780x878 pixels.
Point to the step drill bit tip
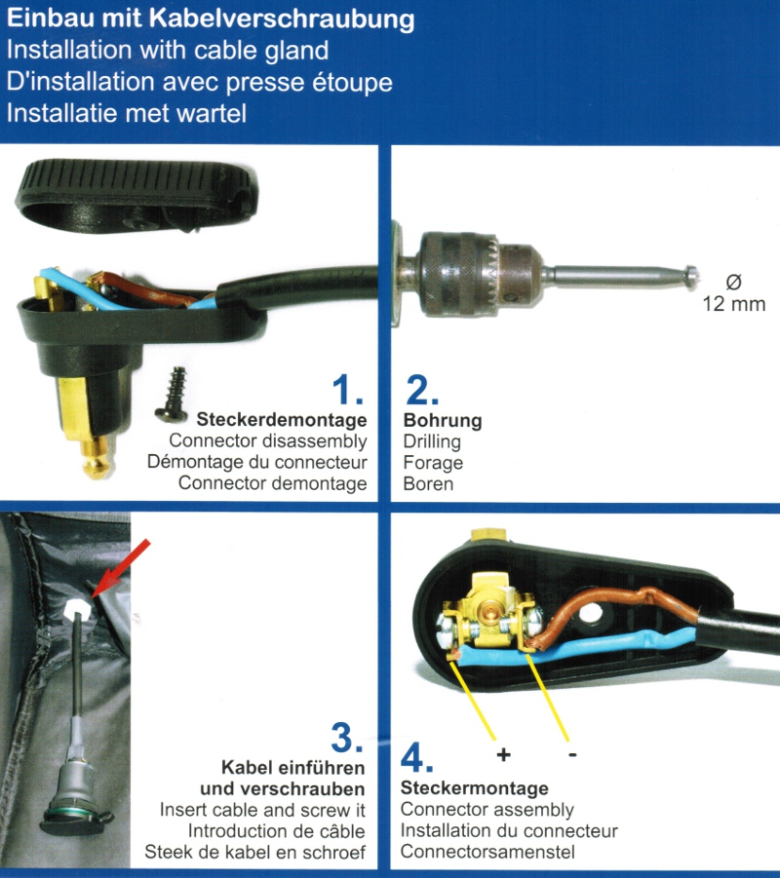click(691, 276)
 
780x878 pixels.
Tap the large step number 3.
click(346, 740)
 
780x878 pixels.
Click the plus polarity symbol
click(504, 755)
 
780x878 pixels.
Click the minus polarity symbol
click(571, 754)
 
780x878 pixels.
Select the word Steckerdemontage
click(282, 420)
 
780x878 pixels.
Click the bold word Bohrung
click(443, 421)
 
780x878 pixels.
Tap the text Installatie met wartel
click(127, 113)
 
